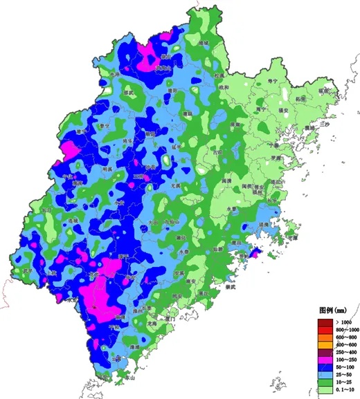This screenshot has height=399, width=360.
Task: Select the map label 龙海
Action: [153, 322]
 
